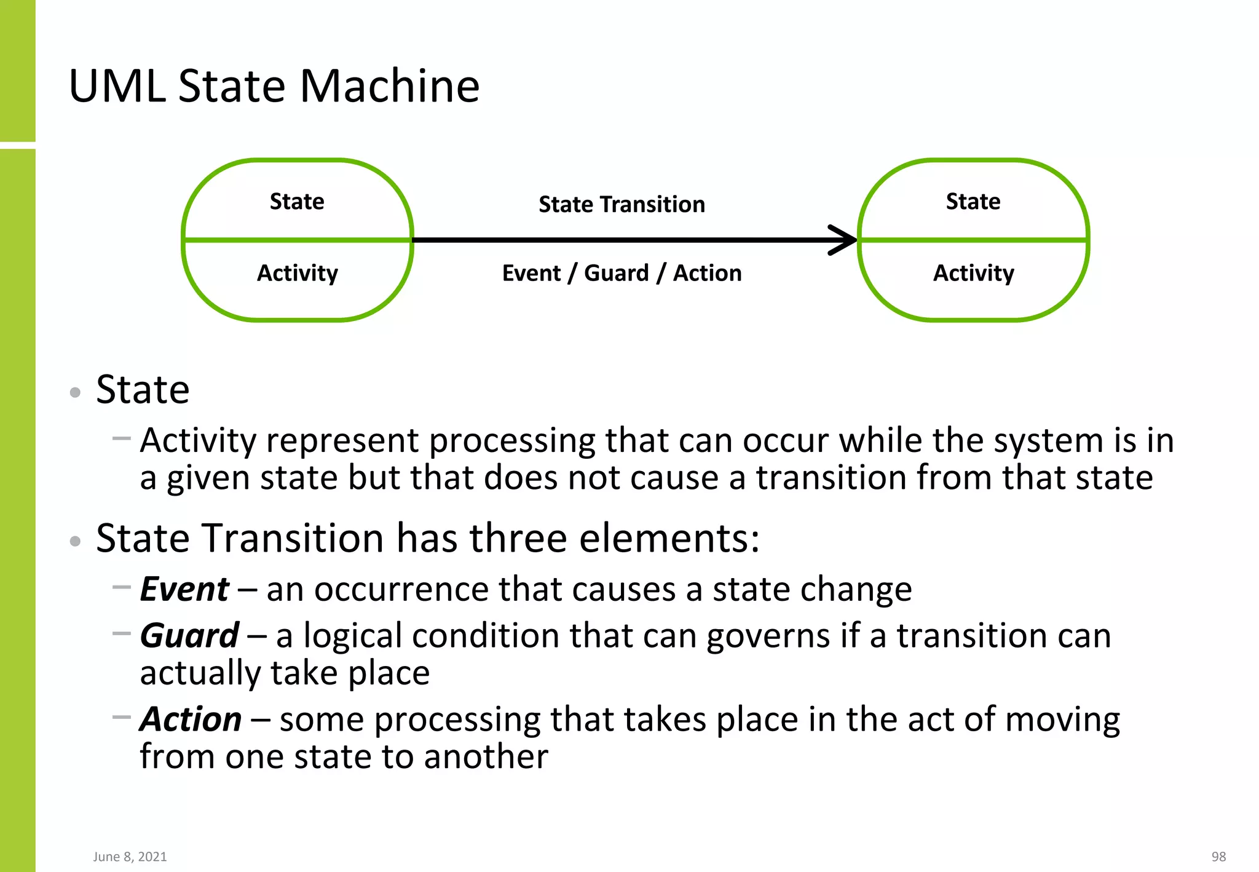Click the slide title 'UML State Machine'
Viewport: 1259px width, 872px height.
(x=274, y=85)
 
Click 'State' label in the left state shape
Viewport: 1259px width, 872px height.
(x=297, y=202)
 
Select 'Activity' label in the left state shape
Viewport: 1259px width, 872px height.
(x=298, y=273)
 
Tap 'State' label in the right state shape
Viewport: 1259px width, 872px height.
(x=973, y=202)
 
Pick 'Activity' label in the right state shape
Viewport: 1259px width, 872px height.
(x=974, y=273)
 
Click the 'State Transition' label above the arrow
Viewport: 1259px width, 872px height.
(x=622, y=204)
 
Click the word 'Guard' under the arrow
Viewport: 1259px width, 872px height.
(x=616, y=273)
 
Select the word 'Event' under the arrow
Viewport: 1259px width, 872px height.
(x=532, y=273)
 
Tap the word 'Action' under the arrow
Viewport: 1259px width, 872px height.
(x=707, y=273)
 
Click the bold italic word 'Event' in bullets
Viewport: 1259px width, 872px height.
(x=184, y=589)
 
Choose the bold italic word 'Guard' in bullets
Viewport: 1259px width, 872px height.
(x=189, y=635)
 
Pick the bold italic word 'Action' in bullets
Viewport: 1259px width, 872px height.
(x=191, y=719)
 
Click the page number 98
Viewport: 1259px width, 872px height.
(x=1218, y=857)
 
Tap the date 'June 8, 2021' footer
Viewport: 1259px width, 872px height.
(x=130, y=857)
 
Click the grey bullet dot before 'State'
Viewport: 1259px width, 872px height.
(x=76, y=392)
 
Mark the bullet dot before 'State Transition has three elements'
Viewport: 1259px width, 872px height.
(x=76, y=541)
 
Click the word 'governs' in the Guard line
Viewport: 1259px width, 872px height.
(x=768, y=636)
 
